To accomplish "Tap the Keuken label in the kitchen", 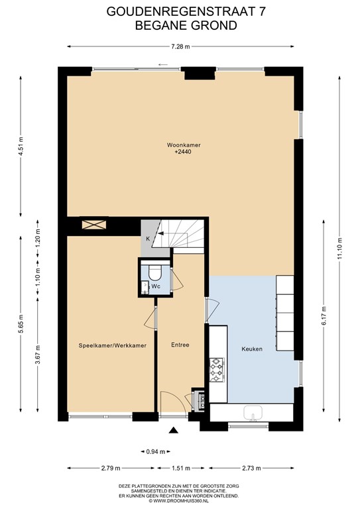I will pyautogui.click(x=252, y=349).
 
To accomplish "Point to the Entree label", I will pyautogui.click(x=180, y=345).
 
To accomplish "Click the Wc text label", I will pyautogui.click(x=156, y=286).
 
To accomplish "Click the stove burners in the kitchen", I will pyautogui.click(x=217, y=370).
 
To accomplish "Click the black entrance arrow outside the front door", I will pyautogui.click(x=174, y=431).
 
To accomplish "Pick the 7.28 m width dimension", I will pyautogui.click(x=180, y=46).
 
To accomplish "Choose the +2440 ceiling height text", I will pyautogui.click(x=183, y=152).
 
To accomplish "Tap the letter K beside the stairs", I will pyautogui.click(x=147, y=239).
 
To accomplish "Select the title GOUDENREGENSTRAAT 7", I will pyautogui.click(x=180, y=11).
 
